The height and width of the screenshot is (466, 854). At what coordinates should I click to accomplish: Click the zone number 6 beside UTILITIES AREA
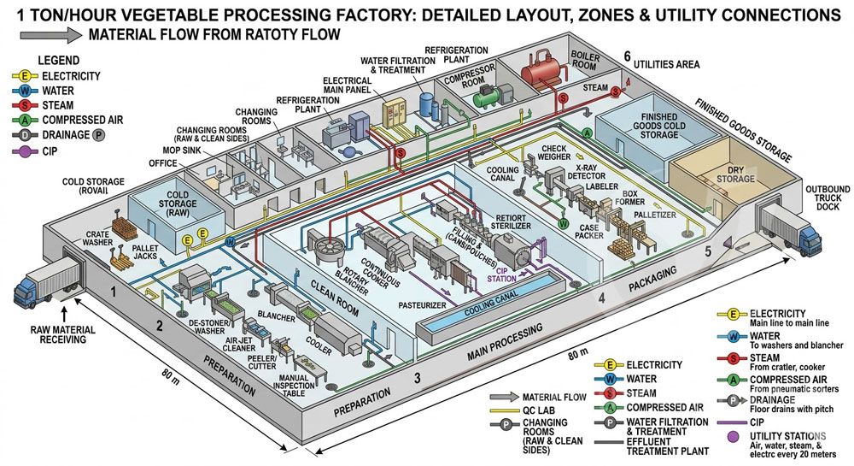tap(627, 56)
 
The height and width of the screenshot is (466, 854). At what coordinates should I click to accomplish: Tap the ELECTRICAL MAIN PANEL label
tap(347, 86)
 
